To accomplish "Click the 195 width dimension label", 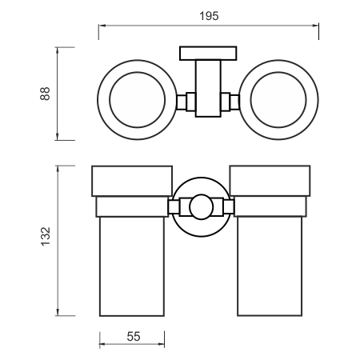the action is pos(209,16).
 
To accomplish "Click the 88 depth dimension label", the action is pos(45,94).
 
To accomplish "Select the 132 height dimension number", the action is pos(46,236).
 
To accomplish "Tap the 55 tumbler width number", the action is pos(134,337).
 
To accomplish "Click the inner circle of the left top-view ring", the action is pos(138,72).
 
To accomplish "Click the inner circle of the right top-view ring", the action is pos(278,72).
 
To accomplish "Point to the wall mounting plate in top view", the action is pos(208,54).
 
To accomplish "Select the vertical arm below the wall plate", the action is pos(208,88).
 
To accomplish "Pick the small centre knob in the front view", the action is pos(202,207).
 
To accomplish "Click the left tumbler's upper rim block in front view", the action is pos(132,181).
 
